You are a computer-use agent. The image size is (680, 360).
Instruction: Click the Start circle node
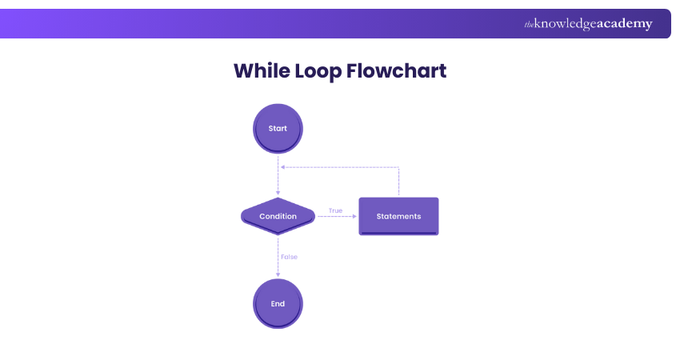[278, 128]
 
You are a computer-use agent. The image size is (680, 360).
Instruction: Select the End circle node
[278, 303]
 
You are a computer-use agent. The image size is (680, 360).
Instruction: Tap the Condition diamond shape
[278, 216]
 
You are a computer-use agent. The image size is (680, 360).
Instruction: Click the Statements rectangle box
[398, 216]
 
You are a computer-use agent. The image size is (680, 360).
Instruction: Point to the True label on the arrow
[335, 211]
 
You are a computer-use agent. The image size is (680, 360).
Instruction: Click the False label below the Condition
[289, 257]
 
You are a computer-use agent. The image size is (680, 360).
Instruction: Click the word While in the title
[261, 70]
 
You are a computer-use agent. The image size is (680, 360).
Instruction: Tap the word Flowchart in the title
[398, 70]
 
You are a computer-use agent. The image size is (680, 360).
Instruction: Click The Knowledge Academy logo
[588, 24]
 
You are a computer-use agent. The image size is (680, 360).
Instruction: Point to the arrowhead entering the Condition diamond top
[278, 194]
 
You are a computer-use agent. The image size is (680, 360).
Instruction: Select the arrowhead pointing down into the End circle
[278, 275]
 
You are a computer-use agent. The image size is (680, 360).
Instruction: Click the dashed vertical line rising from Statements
[398, 182]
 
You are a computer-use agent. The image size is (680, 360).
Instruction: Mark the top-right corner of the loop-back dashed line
[398, 167]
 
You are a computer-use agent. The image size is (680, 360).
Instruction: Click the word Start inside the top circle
[278, 128]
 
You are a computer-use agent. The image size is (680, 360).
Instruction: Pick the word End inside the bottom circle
[278, 304]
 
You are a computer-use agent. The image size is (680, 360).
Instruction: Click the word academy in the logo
[624, 24]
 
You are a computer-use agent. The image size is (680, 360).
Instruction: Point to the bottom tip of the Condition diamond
[278, 234]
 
